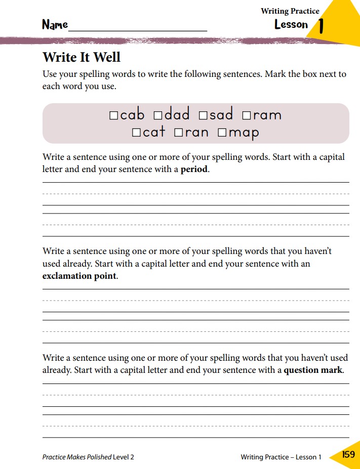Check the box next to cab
point(114,116)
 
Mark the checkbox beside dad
point(157,116)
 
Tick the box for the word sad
point(203,116)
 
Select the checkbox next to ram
point(247,116)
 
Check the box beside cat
point(136,133)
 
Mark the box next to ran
point(178,133)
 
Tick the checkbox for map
point(222,133)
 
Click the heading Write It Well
point(82,57)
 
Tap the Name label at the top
point(55,25)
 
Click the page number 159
point(348,454)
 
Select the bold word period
point(194,169)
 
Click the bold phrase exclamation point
point(79,276)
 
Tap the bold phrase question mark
point(313,370)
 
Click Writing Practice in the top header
point(290,11)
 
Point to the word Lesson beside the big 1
point(291,24)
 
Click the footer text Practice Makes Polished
point(77,457)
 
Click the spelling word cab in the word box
point(132,115)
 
